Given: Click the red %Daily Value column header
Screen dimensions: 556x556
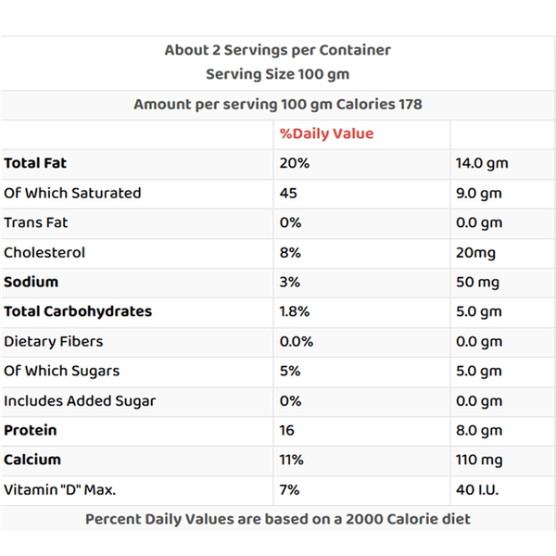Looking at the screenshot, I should pyautogui.click(x=326, y=133).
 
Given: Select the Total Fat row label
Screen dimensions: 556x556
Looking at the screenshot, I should pyautogui.click(x=35, y=163).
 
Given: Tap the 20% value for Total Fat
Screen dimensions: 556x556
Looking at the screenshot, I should pyautogui.click(x=294, y=163).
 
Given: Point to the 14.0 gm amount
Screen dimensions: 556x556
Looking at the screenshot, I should pyautogui.click(x=482, y=163).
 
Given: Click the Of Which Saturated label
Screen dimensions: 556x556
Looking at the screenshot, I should pyautogui.click(x=72, y=193).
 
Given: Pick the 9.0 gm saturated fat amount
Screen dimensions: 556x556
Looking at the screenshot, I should pyautogui.click(x=478, y=193).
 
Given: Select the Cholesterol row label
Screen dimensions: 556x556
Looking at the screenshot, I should pyautogui.click(x=44, y=252).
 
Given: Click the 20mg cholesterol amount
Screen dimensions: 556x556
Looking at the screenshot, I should pyautogui.click(x=475, y=252).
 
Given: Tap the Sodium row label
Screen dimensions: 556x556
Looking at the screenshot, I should pyautogui.click(x=31, y=282).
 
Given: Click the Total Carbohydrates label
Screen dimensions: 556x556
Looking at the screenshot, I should pyautogui.click(x=78, y=311).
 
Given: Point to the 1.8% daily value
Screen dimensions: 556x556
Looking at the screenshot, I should pyautogui.click(x=297, y=311).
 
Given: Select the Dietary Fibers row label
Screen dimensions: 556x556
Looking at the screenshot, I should pyautogui.click(x=54, y=341).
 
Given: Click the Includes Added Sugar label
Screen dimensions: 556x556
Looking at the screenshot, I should pyautogui.click(x=80, y=400).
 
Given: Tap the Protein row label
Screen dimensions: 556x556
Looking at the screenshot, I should pyautogui.click(x=31, y=430).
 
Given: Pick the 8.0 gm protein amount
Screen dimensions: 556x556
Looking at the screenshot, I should pyautogui.click(x=478, y=430).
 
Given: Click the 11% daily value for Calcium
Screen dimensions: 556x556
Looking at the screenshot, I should pyautogui.click(x=292, y=460).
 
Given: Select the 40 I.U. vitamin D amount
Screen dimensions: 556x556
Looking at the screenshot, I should pyautogui.click(x=477, y=489).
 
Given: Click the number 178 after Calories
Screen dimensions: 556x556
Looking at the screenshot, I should pyautogui.click(x=410, y=104).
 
